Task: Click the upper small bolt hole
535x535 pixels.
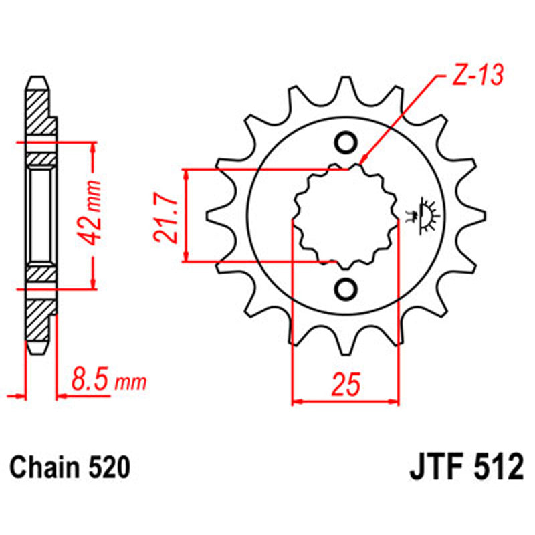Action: tap(346, 142)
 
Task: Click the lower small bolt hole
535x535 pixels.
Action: tap(346, 288)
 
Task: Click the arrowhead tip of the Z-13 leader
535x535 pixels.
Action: tap(361, 163)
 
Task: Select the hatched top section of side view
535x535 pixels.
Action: tap(39, 110)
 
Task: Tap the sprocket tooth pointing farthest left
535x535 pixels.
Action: tap(213, 216)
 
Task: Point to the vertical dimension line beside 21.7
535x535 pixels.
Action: tap(187, 215)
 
